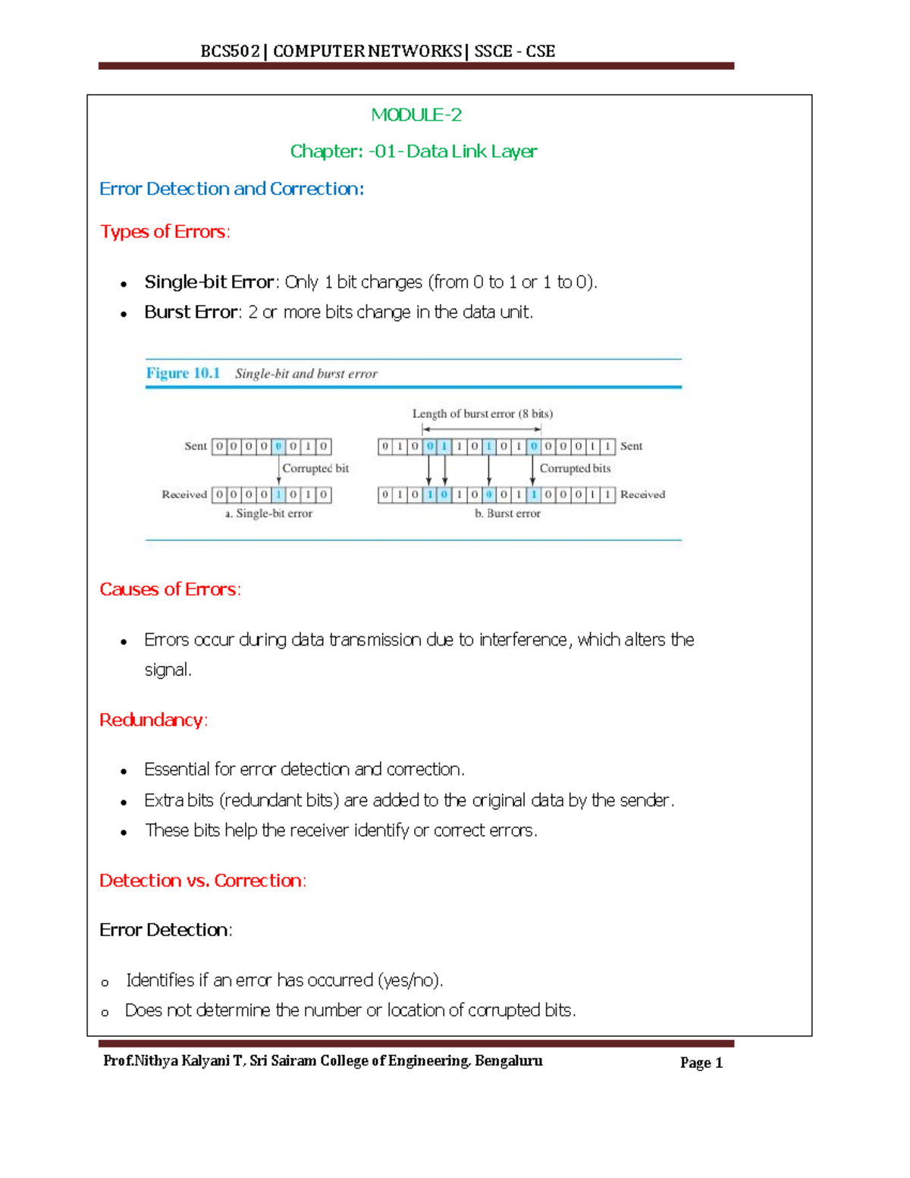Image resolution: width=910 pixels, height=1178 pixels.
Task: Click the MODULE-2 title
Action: click(416, 115)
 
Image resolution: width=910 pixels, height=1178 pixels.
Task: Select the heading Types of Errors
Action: click(165, 231)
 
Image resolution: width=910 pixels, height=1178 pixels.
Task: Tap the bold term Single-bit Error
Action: click(209, 282)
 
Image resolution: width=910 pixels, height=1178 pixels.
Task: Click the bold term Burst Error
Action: click(191, 313)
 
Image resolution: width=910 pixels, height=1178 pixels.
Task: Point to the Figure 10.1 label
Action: click(183, 373)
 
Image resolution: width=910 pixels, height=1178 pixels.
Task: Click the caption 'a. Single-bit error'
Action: click(268, 514)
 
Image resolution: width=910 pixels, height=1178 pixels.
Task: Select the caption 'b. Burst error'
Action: click(507, 514)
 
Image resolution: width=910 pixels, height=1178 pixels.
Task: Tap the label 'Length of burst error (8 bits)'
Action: click(482, 414)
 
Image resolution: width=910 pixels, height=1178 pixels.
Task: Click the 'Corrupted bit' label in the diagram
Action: click(315, 469)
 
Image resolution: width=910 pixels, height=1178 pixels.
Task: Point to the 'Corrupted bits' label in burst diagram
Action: click(575, 469)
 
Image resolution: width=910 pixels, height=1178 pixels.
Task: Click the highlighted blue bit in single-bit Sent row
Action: click(278, 447)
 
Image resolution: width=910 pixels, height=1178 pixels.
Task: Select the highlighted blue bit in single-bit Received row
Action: click(278, 495)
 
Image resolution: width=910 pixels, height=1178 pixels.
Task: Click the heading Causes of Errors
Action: click(170, 589)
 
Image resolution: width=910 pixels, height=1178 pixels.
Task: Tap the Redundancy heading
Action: click(153, 720)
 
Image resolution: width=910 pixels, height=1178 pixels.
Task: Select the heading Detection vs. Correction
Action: click(202, 881)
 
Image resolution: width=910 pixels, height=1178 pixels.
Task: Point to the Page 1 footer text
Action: click(701, 1063)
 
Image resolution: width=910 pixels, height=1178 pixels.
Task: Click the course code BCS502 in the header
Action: click(230, 52)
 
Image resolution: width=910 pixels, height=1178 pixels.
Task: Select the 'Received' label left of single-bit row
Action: click(184, 495)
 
